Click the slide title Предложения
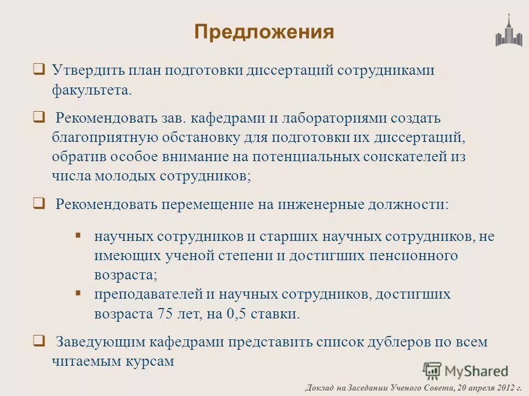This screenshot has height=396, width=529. tap(264, 31)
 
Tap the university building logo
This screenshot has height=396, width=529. tap(508, 31)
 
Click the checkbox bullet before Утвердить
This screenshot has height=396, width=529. tap(39, 69)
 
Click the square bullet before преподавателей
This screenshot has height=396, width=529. tap(78, 292)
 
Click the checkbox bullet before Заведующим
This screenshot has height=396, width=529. tap(39, 340)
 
